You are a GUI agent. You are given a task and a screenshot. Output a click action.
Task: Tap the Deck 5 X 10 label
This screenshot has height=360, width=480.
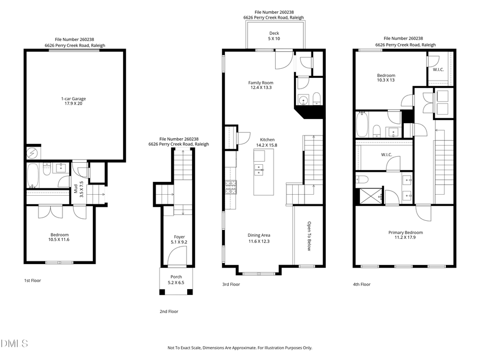[274, 36]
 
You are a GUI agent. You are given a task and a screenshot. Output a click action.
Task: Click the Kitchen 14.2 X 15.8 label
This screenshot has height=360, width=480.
[267, 142]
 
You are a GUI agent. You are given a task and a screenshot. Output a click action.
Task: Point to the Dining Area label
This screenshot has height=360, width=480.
[259, 238]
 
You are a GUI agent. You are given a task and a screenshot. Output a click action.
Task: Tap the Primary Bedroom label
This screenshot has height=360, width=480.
[405, 235]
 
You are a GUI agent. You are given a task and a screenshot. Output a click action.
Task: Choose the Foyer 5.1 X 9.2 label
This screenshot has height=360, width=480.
[179, 240]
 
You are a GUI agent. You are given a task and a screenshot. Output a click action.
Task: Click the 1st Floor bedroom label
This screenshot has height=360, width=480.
[59, 237]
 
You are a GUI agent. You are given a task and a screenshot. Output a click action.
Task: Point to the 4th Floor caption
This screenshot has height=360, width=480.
[361, 284]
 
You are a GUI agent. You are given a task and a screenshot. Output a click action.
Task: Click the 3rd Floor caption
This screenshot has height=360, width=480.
[231, 284]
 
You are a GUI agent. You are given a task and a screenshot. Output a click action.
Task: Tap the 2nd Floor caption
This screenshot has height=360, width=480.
[169, 311]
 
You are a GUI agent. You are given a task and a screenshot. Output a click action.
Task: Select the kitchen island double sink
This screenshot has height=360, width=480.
[259, 171]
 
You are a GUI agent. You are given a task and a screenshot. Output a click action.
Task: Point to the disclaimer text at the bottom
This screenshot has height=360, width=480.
[239, 348]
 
